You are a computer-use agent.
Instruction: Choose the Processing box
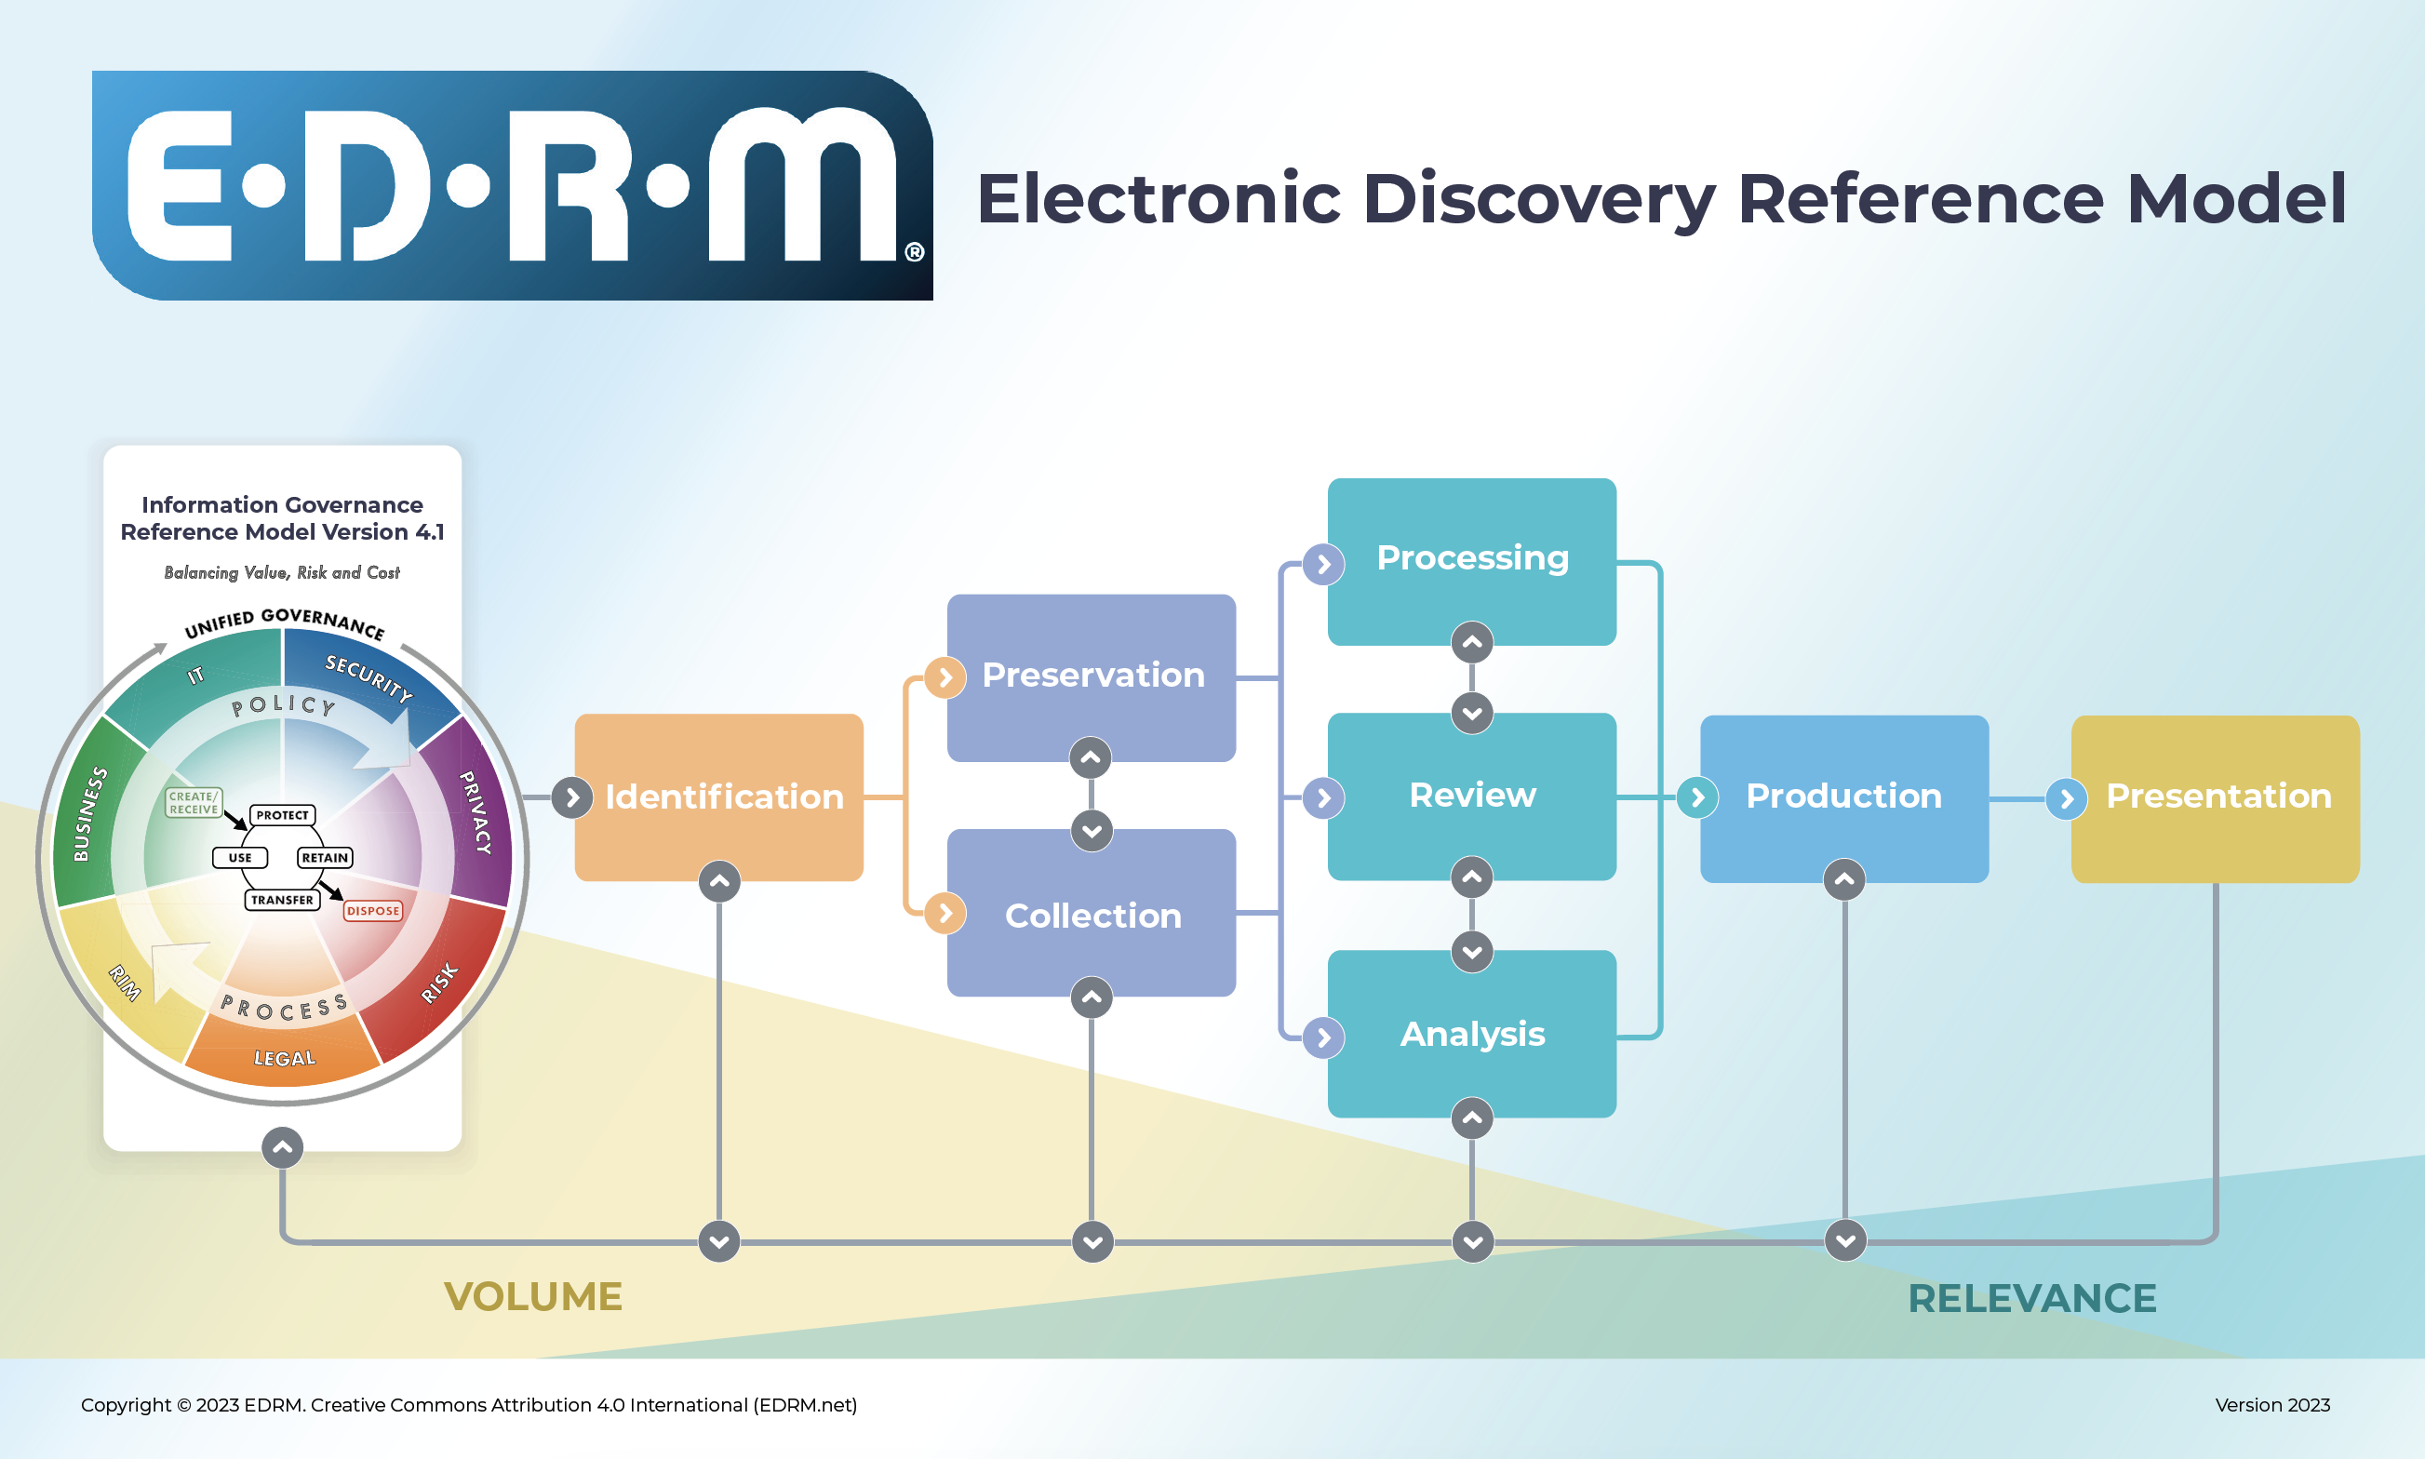1471,558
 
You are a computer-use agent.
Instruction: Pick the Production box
1843,796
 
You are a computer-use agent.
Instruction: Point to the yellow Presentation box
2217,796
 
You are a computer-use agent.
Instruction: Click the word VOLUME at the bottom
533,1297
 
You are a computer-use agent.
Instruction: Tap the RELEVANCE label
2030,1299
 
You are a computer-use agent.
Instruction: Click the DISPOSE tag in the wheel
372,910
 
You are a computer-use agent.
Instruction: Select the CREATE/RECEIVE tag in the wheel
193,802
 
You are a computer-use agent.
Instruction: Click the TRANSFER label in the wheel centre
282,900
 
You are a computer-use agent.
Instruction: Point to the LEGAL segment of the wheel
284,1058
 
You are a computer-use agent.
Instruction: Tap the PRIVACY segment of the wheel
476,812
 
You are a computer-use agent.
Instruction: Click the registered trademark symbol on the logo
914,251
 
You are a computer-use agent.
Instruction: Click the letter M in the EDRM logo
802,187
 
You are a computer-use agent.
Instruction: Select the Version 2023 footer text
2271,1405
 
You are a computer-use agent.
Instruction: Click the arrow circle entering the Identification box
572,797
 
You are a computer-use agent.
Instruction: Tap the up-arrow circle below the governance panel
282,1147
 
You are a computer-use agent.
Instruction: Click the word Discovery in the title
1538,198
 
